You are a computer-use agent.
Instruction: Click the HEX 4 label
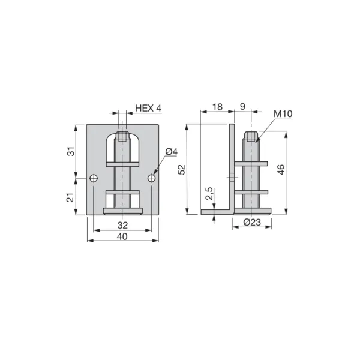click(x=148, y=108)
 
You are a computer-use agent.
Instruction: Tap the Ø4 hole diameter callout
click(x=171, y=152)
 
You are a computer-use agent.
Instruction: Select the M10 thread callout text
click(x=283, y=113)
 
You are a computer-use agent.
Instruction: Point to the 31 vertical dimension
click(x=71, y=151)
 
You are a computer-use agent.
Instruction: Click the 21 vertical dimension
click(x=70, y=197)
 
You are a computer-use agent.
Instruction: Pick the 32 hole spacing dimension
click(x=122, y=225)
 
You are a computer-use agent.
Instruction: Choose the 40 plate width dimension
click(x=122, y=236)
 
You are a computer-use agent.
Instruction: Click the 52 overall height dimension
click(x=182, y=169)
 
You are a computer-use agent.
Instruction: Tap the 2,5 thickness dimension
click(x=209, y=194)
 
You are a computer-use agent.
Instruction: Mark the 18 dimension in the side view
click(x=217, y=107)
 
